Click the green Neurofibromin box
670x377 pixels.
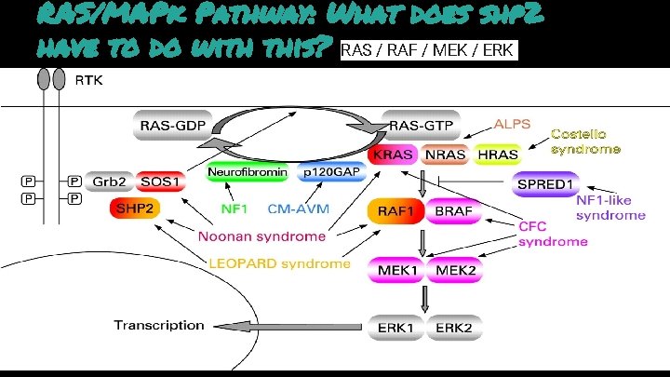tap(247, 173)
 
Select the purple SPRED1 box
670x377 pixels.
tap(545, 182)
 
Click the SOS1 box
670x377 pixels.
tap(162, 179)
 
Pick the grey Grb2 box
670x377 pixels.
tap(109, 179)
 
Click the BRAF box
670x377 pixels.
tap(454, 211)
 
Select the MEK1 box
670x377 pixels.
tap(396, 270)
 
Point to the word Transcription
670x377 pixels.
tap(159, 325)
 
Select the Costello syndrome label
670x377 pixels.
tap(585, 141)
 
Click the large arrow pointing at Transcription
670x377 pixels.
tap(288, 327)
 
